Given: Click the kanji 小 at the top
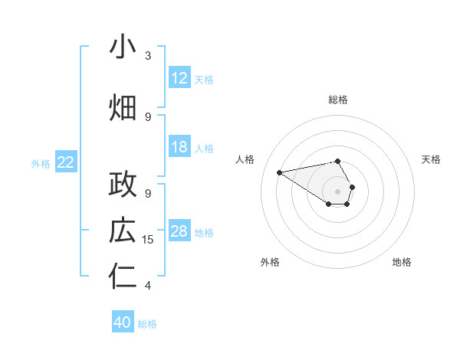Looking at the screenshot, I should point(123,47).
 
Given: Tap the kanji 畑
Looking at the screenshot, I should point(123,107).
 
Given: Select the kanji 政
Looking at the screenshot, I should point(123,185).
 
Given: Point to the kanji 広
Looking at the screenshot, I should point(123,231).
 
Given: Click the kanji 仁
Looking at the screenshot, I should point(123,277).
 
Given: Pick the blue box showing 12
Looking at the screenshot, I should point(179,78).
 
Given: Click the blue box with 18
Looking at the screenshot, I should point(179,147).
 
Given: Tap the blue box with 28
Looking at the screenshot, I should point(179,231).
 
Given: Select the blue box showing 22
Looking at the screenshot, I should point(66,162).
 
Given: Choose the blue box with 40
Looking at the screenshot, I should point(123,322).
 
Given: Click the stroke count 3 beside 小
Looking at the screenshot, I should point(148,56).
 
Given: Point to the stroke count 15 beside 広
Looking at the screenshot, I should point(149,240).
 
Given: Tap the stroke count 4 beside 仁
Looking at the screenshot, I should point(148,286).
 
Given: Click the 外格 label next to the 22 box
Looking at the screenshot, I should point(41,163).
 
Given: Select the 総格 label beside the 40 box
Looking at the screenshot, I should point(147,324).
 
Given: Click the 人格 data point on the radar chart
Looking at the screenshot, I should point(280,172).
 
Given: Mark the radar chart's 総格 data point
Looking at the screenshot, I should point(337,161).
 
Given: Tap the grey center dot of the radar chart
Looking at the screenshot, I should point(337,190).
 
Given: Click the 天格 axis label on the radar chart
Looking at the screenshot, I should point(431,159).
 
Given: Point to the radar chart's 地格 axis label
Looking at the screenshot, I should point(402,262).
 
